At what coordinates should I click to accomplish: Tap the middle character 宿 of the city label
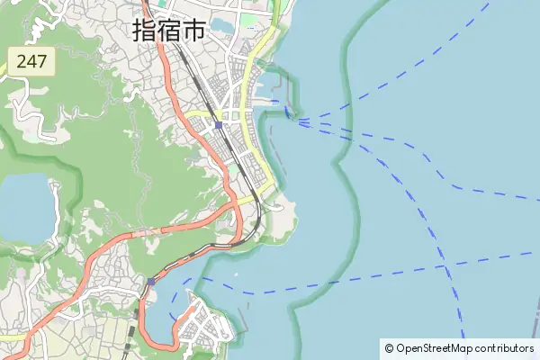pos(168,30)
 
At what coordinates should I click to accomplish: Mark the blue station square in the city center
pos(219,125)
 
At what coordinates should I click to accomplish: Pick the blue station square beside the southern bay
pos(151,281)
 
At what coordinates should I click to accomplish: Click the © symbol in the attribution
pos(389,348)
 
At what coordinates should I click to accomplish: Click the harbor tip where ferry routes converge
pos(292,119)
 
